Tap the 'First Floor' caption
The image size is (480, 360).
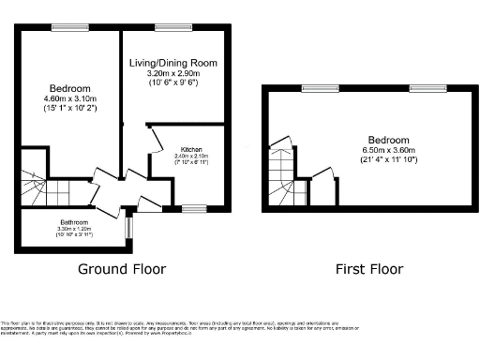tap(369, 269)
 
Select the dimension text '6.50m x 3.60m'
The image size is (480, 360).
tap(368, 147)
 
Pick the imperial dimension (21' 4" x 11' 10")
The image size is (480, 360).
tap(368, 157)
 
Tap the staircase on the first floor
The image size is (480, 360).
tap(280, 172)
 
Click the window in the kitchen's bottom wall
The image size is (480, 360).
tap(194, 207)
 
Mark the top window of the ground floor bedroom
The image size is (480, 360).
tap(65, 26)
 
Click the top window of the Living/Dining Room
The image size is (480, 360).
tap(169, 26)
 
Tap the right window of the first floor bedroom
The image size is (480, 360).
tap(423, 88)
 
